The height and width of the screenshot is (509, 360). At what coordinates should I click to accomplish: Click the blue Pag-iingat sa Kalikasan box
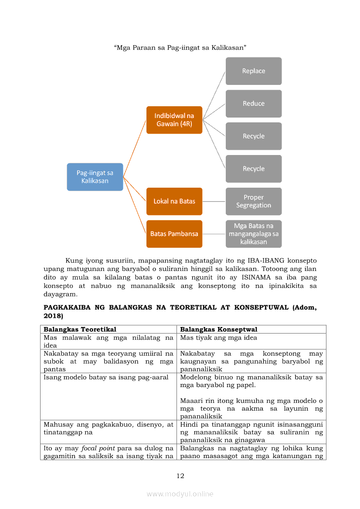click(x=95, y=177)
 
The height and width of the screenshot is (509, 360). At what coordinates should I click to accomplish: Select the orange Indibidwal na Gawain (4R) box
click(x=174, y=120)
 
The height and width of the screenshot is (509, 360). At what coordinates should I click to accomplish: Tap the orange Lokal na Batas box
click(x=174, y=201)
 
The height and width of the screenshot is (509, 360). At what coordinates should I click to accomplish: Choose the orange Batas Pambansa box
click(x=174, y=234)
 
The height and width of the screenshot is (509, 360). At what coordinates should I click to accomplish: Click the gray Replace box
click(x=253, y=71)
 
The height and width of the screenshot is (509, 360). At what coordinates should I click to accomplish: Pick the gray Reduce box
click(x=253, y=104)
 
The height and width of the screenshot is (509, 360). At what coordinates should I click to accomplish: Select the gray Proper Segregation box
click(x=253, y=201)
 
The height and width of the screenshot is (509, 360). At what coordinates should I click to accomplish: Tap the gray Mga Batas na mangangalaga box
click(x=253, y=234)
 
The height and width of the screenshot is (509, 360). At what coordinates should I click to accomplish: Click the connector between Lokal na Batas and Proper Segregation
click(x=214, y=202)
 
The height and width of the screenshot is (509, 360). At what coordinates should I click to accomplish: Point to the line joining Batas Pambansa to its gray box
click(x=214, y=234)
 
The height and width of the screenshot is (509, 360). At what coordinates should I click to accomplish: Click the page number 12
click(x=180, y=476)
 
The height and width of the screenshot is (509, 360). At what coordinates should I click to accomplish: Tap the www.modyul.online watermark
click(x=180, y=494)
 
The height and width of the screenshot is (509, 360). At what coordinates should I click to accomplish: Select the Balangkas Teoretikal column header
click(x=80, y=329)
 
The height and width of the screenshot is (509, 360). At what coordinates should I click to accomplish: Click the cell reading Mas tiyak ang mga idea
click(x=218, y=337)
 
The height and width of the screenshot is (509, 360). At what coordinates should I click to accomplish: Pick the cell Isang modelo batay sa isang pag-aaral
click(x=106, y=377)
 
